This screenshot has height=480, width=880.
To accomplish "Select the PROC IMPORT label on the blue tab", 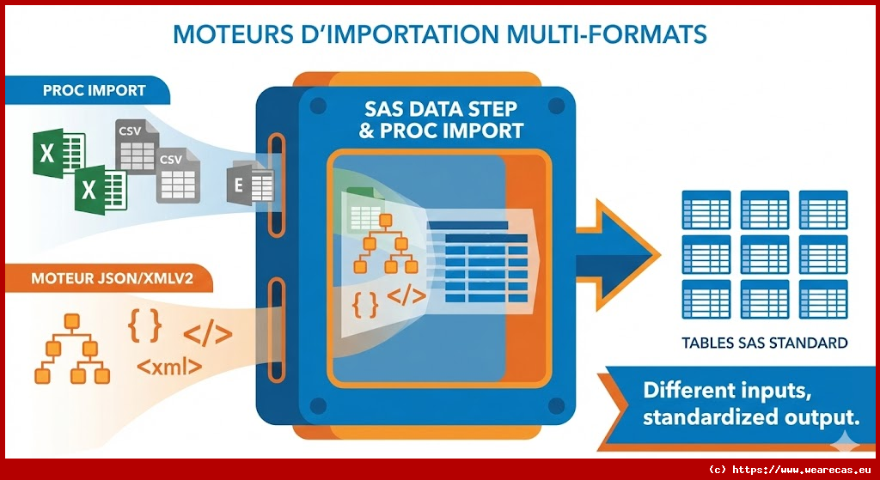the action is [x=95, y=90].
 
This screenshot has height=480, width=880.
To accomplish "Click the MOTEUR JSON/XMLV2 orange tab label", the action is [x=113, y=278].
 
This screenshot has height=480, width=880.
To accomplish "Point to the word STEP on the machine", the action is [x=486, y=108].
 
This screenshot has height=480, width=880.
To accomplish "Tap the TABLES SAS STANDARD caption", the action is [x=764, y=343].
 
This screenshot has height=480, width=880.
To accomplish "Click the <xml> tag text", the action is [x=169, y=367].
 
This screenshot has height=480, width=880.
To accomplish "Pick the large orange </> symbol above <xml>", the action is [x=208, y=335].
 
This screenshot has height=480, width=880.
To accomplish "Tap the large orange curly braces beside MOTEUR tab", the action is [x=144, y=325].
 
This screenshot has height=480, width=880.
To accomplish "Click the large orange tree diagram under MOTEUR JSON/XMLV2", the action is [x=72, y=349].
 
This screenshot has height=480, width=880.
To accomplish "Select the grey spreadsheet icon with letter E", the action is [x=250, y=184].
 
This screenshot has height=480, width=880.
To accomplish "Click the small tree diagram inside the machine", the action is [x=386, y=244].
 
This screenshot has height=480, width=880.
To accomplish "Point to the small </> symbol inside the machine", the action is [x=406, y=295].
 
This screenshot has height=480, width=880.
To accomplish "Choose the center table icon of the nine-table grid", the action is [x=764, y=254].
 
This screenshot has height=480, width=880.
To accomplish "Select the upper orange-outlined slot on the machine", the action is [x=276, y=185].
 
